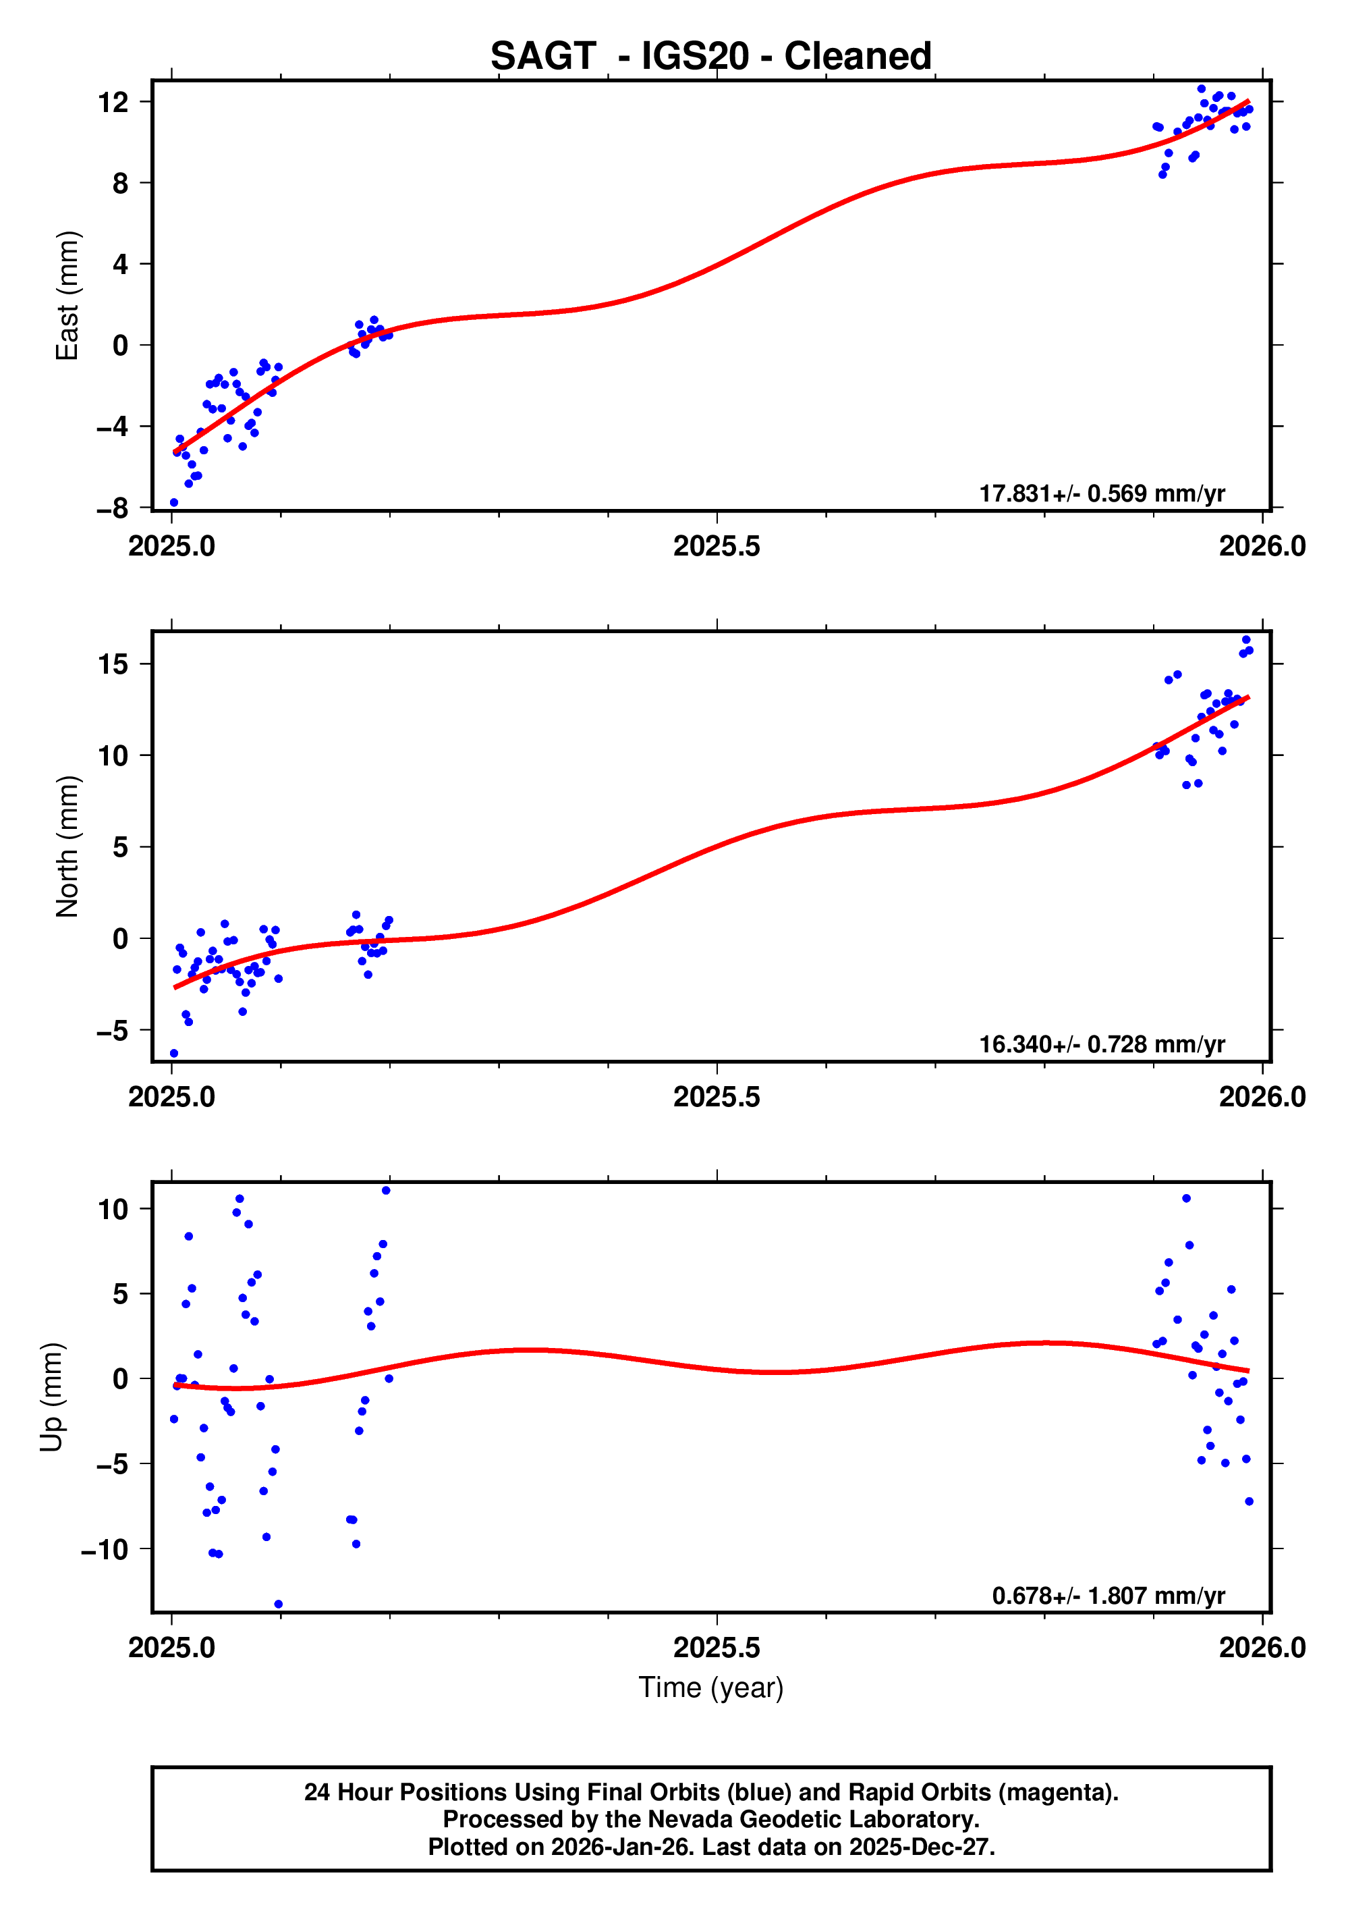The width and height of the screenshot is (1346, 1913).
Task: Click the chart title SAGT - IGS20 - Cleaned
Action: click(x=710, y=57)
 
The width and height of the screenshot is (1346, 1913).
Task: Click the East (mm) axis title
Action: click(x=67, y=296)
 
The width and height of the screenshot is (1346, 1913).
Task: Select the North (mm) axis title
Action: click(x=67, y=846)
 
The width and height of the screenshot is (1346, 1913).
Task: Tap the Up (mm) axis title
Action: click(x=52, y=1397)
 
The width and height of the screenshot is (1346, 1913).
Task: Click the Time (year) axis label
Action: click(x=710, y=1687)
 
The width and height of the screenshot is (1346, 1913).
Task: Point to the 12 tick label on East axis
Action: click(x=113, y=103)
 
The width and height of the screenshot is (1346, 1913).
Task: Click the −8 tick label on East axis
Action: click(x=113, y=508)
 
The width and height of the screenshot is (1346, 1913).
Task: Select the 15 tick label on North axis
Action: click(x=113, y=664)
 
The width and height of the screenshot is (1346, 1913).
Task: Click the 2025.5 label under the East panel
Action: click(x=717, y=547)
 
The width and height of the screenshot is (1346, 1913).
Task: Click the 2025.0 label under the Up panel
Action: click(x=171, y=1648)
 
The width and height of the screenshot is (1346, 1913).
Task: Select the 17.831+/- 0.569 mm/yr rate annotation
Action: click(x=1101, y=493)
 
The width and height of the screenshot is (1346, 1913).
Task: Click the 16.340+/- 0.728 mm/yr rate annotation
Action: click(x=1101, y=1044)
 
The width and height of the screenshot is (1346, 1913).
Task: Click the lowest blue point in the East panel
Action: click(x=174, y=502)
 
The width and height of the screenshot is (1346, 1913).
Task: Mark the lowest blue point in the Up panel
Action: click(x=278, y=1604)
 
